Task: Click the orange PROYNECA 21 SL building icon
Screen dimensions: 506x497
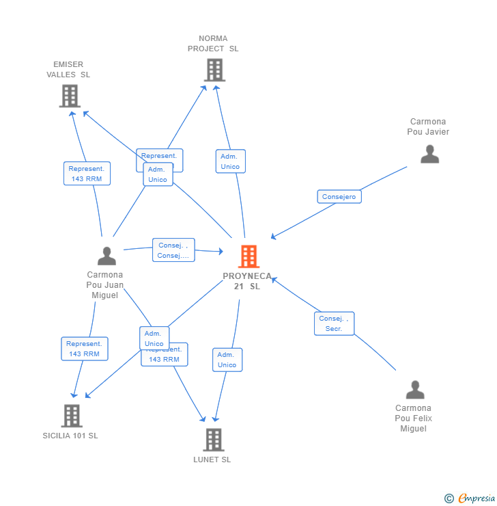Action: pyautogui.click(x=248, y=256)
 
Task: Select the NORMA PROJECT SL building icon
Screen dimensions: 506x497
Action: pyautogui.click(x=214, y=70)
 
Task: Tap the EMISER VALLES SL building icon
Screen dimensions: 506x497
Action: pyautogui.click(x=69, y=96)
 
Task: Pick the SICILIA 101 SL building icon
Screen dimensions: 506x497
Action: pyautogui.click(x=71, y=415)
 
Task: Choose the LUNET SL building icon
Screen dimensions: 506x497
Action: pyautogui.click(x=213, y=440)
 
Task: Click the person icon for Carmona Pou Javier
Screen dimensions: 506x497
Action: pyautogui.click(x=429, y=154)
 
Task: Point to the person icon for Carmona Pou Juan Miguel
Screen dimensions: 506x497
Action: pyautogui.click(x=106, y=256)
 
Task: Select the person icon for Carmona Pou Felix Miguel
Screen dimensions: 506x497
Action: pyautogui.click(x=414, y=390)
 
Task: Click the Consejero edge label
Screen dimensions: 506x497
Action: pyautogui.click(x=339, y=197)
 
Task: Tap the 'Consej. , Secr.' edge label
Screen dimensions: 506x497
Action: pyautogui.click(x=334, y=323)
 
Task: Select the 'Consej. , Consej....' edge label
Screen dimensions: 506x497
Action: pyautogui.click(x=173, y=250)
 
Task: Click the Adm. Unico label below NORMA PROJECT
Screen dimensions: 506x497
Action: pyautogui.click(x=230, y=161)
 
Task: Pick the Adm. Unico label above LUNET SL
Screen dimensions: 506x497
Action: pyautogui.click(x=227, y=360)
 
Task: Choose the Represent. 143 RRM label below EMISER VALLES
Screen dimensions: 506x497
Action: pyautogui.click(x=86, y=174)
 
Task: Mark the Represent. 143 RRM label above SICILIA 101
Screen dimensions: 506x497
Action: pyautogui.click(x=85, y=349)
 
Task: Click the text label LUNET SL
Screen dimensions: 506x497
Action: pyautogui.click(x=212, y=460)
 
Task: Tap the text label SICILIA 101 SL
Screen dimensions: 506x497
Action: pyautogui.click(x=70, y=436)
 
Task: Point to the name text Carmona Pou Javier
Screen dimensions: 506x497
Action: pyautogui.click(x=428, y=126)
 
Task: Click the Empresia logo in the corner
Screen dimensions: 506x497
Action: pyautogui.click(x=476, y=498)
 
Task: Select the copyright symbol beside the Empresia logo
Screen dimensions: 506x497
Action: pyautogui.click(x=449, y=498)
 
